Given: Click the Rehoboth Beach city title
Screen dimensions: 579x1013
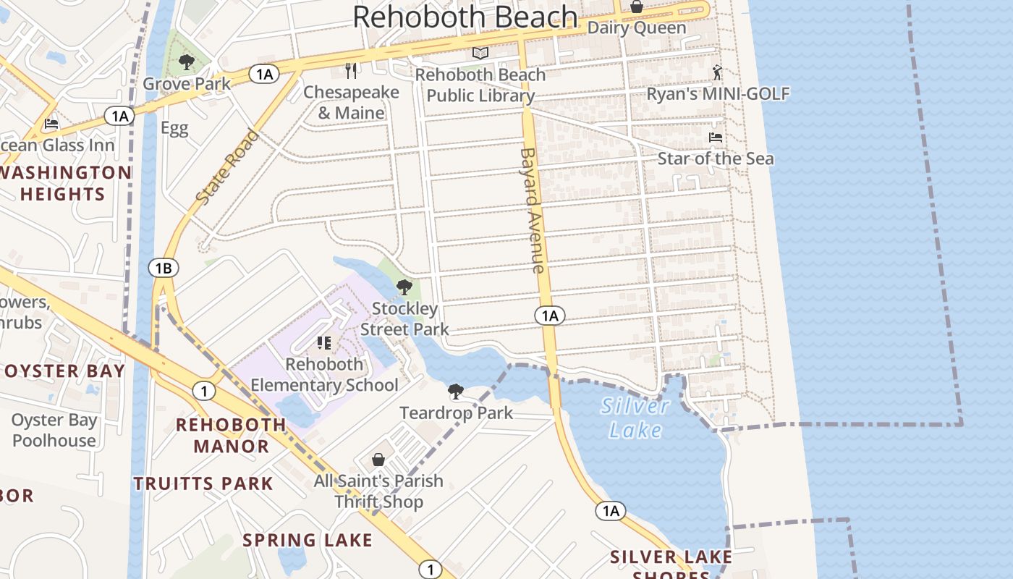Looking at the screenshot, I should pyautogui.click(x=465, y=17).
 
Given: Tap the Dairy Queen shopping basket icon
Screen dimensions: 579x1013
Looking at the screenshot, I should pyautogui.click(x=637, y=7).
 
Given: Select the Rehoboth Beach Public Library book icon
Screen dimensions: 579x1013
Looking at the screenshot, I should pyautogui.click(x=480, y=53).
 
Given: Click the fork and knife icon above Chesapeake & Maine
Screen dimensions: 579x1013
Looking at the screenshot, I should pyautogui.click(x=351, y=71).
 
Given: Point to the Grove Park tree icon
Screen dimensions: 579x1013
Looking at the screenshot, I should pyautogui.click(x=187, y=62).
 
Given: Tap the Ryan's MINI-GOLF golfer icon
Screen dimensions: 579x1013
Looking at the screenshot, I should pyautogui.click(x=717, y=72).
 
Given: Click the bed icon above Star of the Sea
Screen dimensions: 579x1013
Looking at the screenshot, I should pyautogui.click(x=716, y=138).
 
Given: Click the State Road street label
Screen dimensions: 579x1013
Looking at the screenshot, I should pyautogui.click(x=227, y=167).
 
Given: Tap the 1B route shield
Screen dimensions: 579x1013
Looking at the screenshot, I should pyautogui.click(x=164, y=269).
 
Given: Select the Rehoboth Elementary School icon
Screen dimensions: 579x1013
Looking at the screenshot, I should pyautogui.click(x=323, y=343).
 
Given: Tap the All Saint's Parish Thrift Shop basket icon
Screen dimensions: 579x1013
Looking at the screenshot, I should pyautogui.click(x=378, y=460).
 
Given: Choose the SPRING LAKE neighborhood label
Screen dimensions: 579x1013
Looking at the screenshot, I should pyautogui.click(x=308, y=540).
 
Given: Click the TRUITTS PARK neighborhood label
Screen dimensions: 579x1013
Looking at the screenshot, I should pyautogui.click(x=203, y=483).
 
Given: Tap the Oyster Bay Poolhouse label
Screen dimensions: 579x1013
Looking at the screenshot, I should pyautogui.click(x=54, y=430).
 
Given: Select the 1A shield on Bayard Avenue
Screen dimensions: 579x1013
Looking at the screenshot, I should pyautogui.click(x=550, y=316).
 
